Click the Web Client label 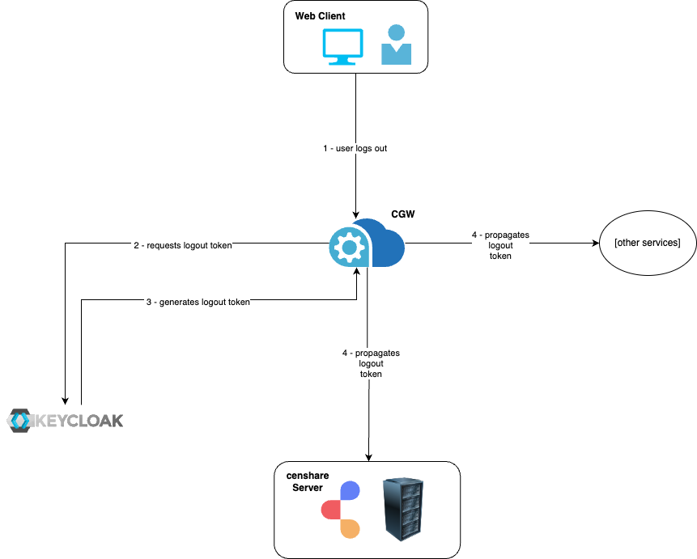pyautogui.click(x=319, y=17)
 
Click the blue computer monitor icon pyautogui.click(x=342, y=47)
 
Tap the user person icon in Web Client pyautogui.click(x=397, y=44)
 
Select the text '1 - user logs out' pyautogui.click(x=355, y=149)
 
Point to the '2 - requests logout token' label pyautogui.click(x=183, y=244)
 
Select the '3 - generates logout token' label pyautogui.click(x=198, y=302)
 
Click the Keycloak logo pyautogui.click(x=66, y=420)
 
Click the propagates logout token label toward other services pyautogui.click(x=500, y=245)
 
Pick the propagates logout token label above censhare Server pyautogui.click(x=371, y=364)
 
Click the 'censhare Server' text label pyautogui.click(x=307, y=481)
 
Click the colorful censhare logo pyautogui.click(x=341, y=510)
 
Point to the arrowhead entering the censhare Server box pyautogui.click(x=370, y=457)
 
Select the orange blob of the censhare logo pyautogui.click(x=349, y=528)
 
